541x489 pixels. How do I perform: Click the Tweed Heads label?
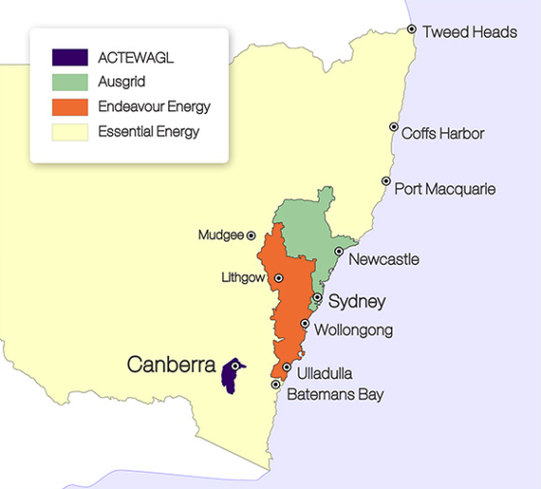[470, 32]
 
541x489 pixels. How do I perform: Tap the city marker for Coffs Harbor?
[393, 127]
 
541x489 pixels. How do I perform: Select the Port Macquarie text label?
[445, 188]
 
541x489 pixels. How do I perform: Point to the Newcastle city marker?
[339, 251]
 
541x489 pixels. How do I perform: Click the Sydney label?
[356, 302]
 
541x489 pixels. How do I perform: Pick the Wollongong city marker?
[305, 324]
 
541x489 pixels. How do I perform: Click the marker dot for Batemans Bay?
[276, 385]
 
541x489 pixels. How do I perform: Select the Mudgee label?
[219, 235]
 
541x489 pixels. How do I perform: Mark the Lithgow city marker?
[278, 278]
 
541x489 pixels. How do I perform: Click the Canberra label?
[170, 365]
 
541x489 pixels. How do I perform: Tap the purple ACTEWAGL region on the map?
[230, 378]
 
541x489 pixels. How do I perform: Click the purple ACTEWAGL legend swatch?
[70, 58]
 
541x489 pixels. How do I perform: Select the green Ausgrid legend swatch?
[70, 82]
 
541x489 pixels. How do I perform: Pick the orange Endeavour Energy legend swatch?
[70, 106]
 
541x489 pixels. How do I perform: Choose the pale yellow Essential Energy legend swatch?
[70, 131]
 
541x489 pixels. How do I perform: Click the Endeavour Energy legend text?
[154, 106]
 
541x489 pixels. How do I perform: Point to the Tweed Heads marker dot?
[412, 30]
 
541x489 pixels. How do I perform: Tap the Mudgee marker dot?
[251, 235]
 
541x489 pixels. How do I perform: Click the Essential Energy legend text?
[149, 131]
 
